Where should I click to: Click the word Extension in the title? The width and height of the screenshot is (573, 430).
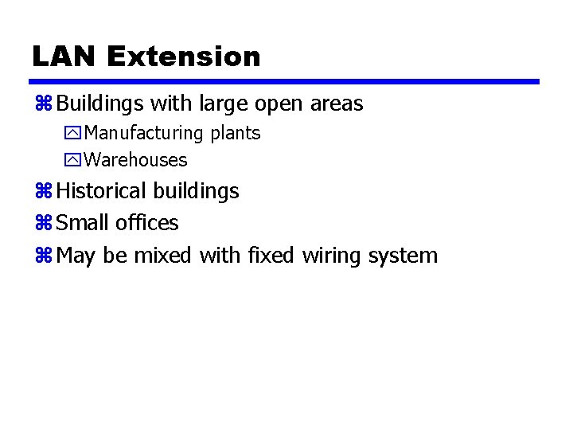click(183, 57)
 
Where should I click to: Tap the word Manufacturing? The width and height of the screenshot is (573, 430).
click(144, 133)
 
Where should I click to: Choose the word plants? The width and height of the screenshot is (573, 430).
click(236, 134)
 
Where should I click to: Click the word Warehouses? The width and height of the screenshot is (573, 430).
click(135, 160)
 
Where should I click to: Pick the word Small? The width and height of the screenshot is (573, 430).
click(84, 223)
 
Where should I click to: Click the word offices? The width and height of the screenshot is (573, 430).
click(147, 223)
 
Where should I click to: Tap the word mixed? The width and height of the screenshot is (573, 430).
click(163, 256)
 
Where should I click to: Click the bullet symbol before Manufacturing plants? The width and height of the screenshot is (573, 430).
click(72, 133)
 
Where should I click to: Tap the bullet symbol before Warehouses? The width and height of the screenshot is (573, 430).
click(72, 160)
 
